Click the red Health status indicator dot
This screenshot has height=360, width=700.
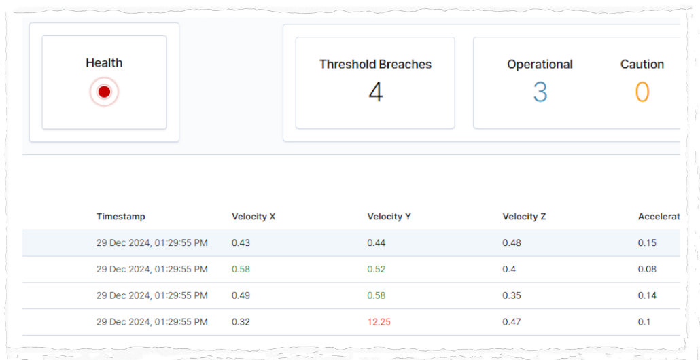(x=104, y=92)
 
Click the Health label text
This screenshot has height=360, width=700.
(x=104, y=63)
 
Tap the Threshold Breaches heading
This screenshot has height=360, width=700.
(x=375, y=65)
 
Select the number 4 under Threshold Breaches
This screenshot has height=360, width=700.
(x=375, y=92)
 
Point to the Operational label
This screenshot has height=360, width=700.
(x=540, y=65)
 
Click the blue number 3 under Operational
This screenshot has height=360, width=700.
(x=540, y=92)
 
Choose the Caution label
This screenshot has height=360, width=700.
(x=642, y=65)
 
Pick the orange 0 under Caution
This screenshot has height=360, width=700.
(x=642, y=92)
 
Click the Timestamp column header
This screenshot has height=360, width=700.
(x=121, y=217)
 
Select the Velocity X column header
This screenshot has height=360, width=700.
(x=253, y=217)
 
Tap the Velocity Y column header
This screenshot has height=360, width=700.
(x=389, y=217)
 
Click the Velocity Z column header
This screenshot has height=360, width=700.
(x=524, y=217)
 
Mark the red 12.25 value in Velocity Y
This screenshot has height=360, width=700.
(x=379, y=322)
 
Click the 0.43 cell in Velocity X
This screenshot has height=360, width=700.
(x=241, y=242)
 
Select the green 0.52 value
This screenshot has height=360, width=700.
(x=376, y=269)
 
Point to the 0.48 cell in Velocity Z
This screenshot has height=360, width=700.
(x=512, y=242)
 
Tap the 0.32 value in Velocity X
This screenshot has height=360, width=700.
(x=241, y=322)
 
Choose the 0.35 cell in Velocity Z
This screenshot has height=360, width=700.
(x=512, y=295)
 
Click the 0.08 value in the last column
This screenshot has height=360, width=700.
(x=647, y=269)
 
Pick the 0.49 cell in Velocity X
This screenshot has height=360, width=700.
(x=241, y=295)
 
